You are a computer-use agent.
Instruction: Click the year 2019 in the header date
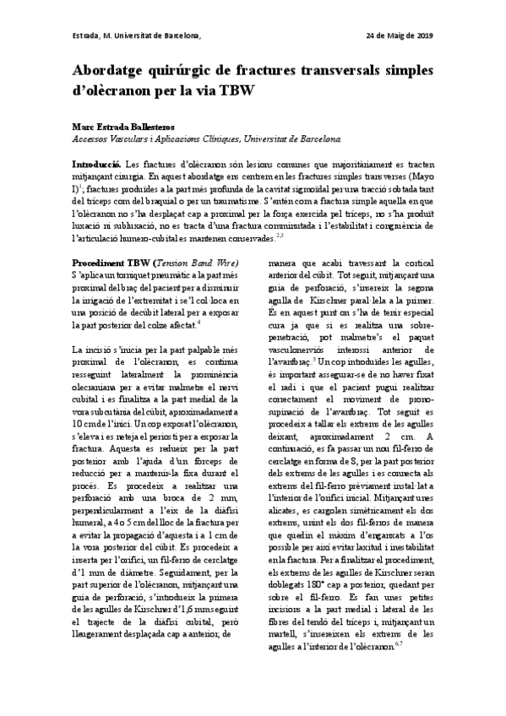point(423,35)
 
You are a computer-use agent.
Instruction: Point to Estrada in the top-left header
point(86,35)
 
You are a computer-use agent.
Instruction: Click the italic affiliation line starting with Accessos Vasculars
point(207,137)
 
